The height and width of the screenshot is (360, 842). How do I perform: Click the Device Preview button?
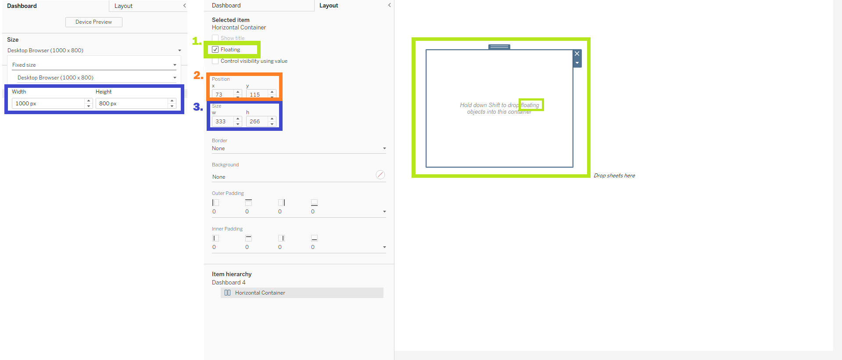93,22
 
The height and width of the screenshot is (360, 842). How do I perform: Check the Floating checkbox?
215,50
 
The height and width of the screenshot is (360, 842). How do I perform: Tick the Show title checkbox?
215,38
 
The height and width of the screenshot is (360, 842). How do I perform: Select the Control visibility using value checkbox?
215,61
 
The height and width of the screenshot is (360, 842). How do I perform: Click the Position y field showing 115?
258,94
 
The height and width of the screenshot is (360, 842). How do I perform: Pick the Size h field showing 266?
258,121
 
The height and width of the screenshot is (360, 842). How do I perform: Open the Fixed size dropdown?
94,65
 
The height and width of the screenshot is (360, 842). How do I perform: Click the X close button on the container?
577,54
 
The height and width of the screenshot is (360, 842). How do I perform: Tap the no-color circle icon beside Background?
380,175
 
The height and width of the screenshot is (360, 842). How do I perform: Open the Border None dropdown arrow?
384,148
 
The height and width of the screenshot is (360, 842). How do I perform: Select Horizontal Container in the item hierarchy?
260,293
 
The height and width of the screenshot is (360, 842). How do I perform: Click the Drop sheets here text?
614,176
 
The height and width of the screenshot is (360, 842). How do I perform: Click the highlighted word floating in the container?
530,105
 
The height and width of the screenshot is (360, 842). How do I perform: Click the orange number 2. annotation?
198,76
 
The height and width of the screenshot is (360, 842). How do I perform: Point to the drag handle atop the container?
499,47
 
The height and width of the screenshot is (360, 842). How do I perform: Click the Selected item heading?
231,20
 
